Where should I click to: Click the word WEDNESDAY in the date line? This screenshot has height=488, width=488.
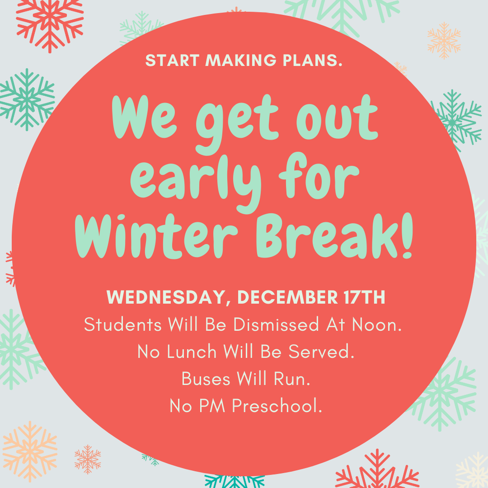click(164, 298)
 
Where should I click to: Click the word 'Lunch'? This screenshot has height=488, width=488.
click(192, 352)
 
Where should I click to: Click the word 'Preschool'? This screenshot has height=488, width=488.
click(277, 407)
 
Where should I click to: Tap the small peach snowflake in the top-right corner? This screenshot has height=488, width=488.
click(444, 40)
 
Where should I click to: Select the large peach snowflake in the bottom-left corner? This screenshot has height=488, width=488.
click(30, 451)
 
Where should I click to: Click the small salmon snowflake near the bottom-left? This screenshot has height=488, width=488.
click(88, 459)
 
